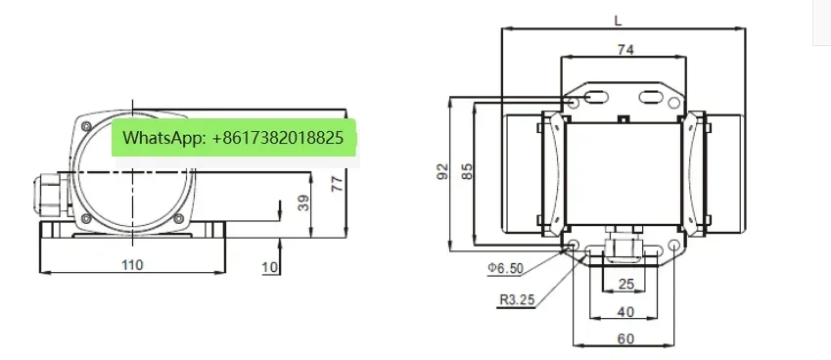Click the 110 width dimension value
click(x=132, y=264)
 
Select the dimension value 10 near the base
click(x=270, y=267)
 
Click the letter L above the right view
click(x=618, y=19)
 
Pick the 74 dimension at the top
click(x=622, y=49)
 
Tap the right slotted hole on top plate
click(x=651, y=97)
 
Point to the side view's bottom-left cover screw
click(x=85, y=216)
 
